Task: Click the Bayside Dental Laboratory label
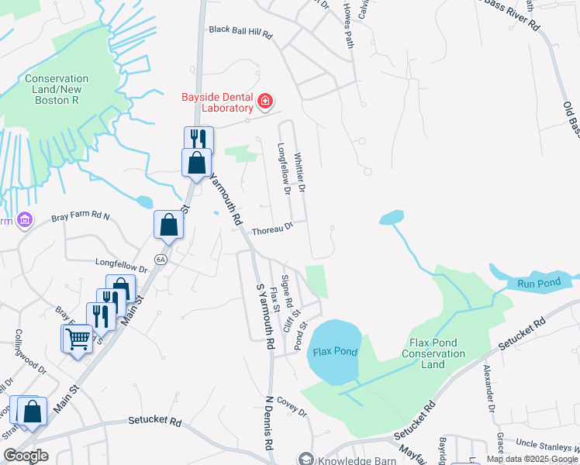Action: tap(218, 103)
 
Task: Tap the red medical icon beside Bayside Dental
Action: tap(265, 102)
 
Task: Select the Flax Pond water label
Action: tap(335, 352)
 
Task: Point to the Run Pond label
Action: tap(538, 284)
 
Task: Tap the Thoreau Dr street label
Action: tap(272, 228)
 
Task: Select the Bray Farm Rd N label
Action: tap(81, 219)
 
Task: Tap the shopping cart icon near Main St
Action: tap(77, 338)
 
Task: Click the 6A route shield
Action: tap(161, 259)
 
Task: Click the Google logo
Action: tap(25, 456)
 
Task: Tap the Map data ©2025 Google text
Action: tap(531, 459)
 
